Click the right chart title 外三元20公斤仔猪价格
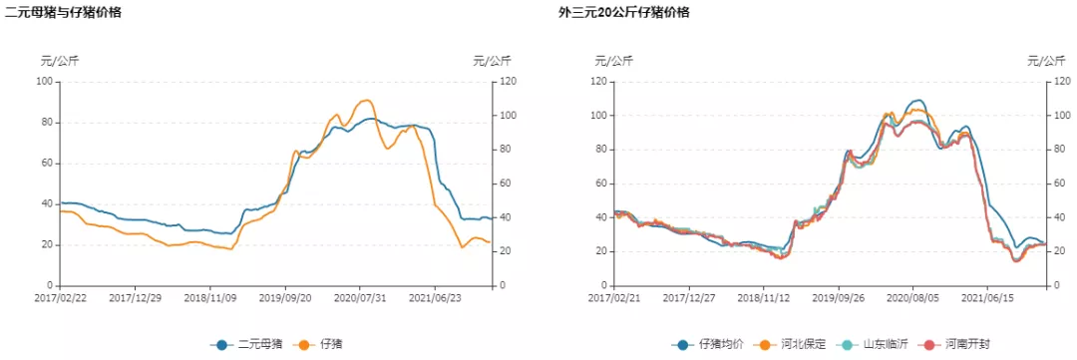623,13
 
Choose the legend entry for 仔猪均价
711,344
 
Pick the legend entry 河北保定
793,344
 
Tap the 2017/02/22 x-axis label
62,297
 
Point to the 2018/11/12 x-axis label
763,297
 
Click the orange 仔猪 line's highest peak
366,100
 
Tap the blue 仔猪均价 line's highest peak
917,101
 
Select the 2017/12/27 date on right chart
688,297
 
